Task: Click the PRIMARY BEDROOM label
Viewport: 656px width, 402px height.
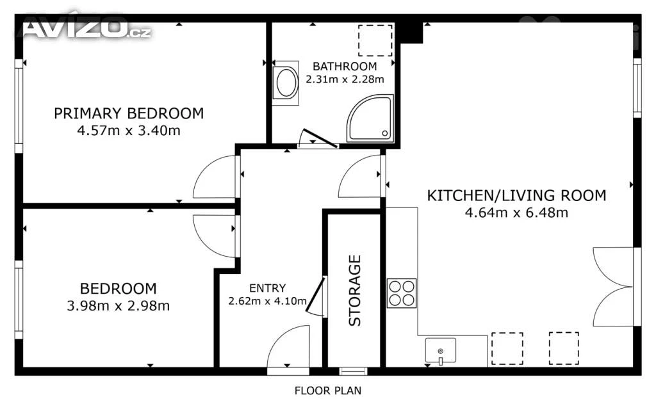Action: [129, 113]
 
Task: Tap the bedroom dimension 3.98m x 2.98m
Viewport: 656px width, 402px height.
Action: [119, 306]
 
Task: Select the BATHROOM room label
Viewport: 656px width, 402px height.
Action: [345, 67]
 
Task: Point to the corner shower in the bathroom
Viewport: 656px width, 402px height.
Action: [370, 118]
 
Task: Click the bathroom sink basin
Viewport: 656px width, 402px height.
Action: [286, 83]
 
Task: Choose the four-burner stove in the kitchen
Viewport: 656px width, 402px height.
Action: [402, 293]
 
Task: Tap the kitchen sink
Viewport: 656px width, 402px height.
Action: [441, 350]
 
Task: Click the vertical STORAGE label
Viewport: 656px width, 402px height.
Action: [355, 291]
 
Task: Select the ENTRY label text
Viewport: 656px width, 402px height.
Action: [267, 288]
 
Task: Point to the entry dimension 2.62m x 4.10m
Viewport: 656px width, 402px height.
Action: [267, 301]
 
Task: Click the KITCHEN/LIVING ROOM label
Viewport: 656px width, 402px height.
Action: [517, 196]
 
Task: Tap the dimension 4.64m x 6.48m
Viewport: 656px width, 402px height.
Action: [517, 213]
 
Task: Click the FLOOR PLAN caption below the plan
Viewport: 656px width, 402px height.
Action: [328, 390]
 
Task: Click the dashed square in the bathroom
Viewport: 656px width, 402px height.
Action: [375, 40]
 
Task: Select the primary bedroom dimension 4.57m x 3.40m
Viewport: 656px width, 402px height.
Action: [129, 131]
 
